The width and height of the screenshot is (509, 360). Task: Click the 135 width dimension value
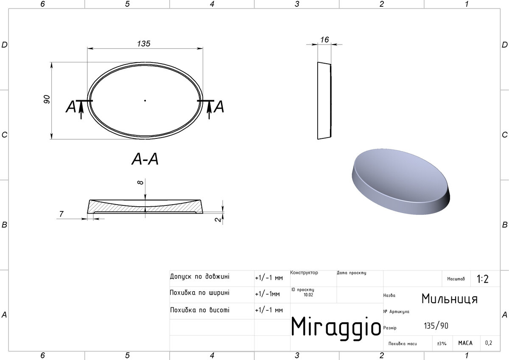(144, 44)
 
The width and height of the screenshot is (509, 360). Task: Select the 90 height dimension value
(47, 99)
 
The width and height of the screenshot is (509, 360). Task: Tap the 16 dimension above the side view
(324, 40)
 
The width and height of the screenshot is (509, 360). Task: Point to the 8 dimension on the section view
(140, 183)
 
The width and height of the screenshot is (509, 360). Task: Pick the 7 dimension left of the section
(62, 214)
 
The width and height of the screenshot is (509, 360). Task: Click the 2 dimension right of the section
(218, 219)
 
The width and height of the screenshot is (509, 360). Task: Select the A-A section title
(145, 159)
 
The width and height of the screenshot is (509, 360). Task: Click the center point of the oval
(145, 101)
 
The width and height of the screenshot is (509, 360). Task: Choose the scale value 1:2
(482, 279)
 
